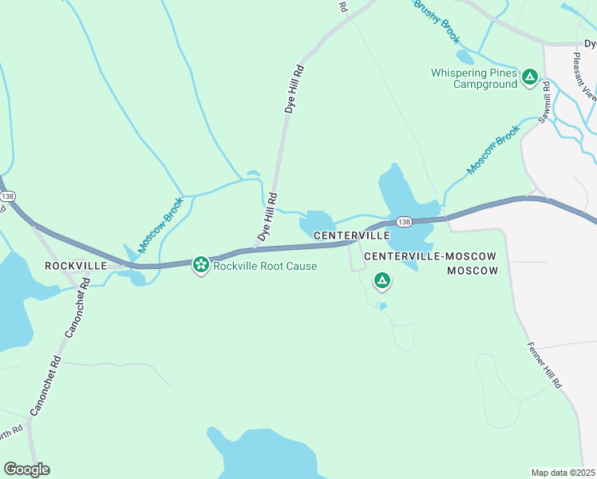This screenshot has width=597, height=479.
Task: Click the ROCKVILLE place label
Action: click(x=76, y=265)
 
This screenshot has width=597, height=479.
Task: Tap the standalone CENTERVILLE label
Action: click(x=351, y=236)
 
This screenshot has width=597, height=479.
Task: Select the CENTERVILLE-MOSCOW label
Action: click(x=430, y=256)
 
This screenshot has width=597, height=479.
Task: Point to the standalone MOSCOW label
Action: click(x=472, y=271)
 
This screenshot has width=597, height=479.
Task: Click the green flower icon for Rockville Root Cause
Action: click(x=200, y=264)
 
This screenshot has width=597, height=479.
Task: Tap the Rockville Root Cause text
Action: click(x=265, y=266)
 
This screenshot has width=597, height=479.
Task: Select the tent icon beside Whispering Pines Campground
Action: click(x=529, y=77)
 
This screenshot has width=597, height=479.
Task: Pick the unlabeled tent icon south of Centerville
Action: click(x=382, y=280)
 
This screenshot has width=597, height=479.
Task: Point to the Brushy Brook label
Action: click(x=437, y=22)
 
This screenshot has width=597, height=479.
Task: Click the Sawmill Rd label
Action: click(x=545, y=103)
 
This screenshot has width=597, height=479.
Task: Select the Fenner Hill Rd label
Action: click(x=545, y=366)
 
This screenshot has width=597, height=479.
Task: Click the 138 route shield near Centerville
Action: click(x=404, y=222)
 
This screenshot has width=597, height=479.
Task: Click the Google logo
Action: click(x=26, y=469)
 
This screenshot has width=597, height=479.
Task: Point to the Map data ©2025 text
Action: click(x=563, y=473)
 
